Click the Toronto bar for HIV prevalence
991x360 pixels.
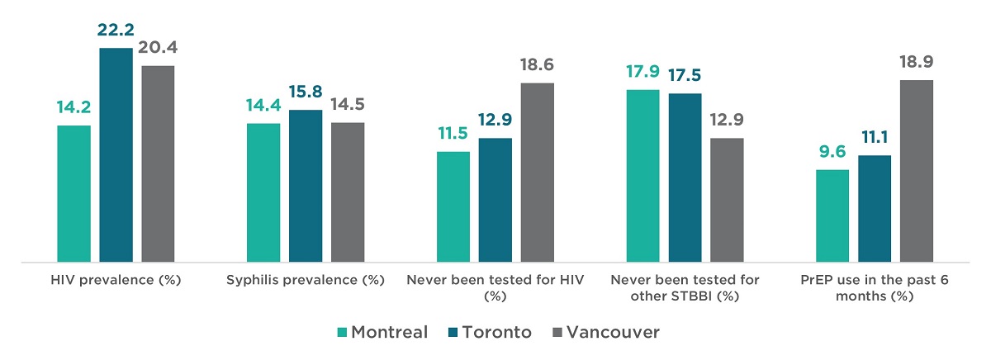coord(116,155)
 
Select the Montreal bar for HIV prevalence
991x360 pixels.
coord(73,194)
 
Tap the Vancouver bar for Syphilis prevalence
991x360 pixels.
coord(348,192)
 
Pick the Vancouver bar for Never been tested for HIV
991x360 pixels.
coord(537,173)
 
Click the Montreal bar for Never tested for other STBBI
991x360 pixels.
coord(642,176)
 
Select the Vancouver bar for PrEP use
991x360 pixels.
coord(916,171)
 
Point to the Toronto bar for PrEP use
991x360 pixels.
coord(875,209)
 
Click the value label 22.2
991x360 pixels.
coord(116,31)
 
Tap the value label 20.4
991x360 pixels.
coord(158,48)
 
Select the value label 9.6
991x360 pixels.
coord(832,153)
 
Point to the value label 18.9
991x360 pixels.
coord(916,63)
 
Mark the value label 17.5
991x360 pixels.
coord(685,76)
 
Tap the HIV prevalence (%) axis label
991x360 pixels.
coord(115,280)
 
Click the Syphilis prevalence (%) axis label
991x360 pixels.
coord(306,280)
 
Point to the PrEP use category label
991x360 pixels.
coord(875,287)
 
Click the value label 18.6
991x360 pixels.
coord(537,66)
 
